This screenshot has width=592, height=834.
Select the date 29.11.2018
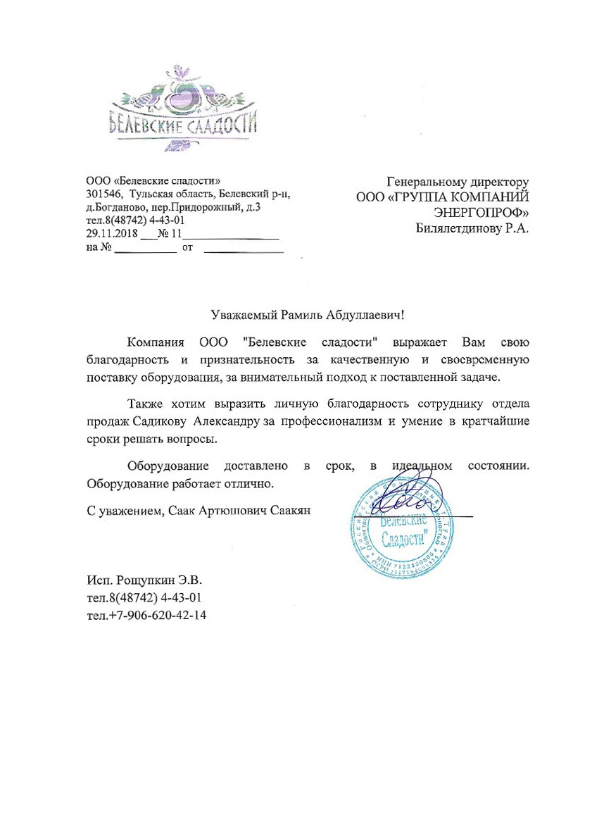pyautogui.click(x=111, y=233)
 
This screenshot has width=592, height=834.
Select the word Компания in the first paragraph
pyautogui.click(x=156, y=344)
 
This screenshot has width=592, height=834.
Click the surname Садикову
pyautogui.click(x=161, y=421)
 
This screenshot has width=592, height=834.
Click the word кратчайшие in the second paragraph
pyautogui.click(x=495, y=421)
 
